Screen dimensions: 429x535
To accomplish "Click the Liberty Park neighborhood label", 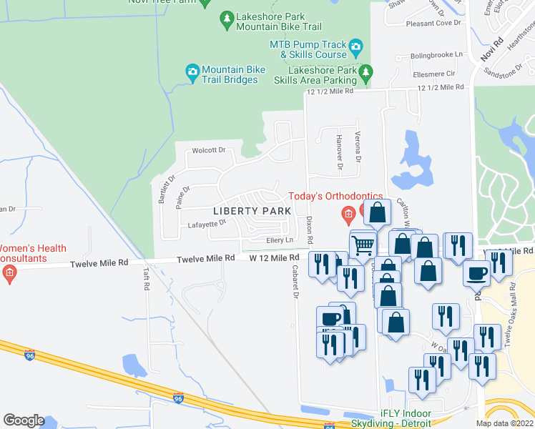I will pyautogui.click(x=252, y=211).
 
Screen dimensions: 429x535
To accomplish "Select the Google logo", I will pyautogui.click(x=24, y=420).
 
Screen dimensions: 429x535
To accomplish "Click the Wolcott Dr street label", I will pyautogui.click(x=208, y=151).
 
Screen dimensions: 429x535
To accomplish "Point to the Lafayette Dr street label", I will pyautogui.click(x=207, y=223).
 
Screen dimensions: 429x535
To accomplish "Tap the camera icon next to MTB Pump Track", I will pyautogui.click(x=356, y=49).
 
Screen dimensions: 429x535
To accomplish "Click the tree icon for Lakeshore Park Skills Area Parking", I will pyautogui.click(x=366, y=71).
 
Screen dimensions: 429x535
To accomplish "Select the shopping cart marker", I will pyautogui.click(x=363, y=245).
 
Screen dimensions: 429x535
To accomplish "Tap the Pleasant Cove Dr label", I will pyautogui.click(x=433, y=23).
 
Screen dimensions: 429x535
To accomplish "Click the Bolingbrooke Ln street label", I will pyautogui.click(x=438, y=54).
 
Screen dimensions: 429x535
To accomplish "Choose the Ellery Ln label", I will pyautogui.click(x=280, y=240).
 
